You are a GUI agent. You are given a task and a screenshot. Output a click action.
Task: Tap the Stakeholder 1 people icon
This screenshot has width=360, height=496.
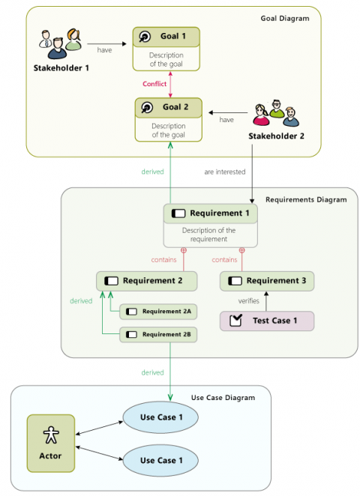tap(58, 44)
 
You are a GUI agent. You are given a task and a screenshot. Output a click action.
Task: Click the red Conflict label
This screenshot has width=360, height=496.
tap(154, 84)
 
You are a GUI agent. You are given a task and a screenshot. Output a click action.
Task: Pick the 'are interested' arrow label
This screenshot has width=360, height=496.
tap(224, 172)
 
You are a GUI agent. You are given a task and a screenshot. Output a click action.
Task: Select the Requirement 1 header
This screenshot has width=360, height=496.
tap(210, 214)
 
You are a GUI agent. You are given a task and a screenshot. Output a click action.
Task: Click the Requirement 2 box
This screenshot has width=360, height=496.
tap(147, 281)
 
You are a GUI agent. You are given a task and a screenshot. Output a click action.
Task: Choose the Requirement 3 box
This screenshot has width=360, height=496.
tap(266, 281)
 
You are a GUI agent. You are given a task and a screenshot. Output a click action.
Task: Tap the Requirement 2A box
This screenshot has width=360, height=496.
tap(158, 311)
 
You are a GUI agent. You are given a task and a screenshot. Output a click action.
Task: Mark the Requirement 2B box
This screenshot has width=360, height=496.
tap(158, 335)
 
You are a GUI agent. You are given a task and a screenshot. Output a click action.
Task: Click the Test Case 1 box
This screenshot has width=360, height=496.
tap(266, 321)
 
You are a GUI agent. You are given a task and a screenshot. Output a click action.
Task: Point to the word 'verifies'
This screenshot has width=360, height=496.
tap(249, 300)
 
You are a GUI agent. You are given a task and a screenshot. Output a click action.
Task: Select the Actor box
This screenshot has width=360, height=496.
tap(50, 442)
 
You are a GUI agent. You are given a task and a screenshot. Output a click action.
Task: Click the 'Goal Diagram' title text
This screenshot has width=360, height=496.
tap(284, 18)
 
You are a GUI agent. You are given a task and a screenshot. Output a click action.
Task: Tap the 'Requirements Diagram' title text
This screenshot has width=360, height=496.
tap(306, 199)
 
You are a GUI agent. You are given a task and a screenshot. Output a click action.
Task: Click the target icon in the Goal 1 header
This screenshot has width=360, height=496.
tap(145, 37)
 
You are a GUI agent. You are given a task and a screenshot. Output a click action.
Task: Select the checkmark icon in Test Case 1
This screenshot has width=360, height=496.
tap(235, 321)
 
